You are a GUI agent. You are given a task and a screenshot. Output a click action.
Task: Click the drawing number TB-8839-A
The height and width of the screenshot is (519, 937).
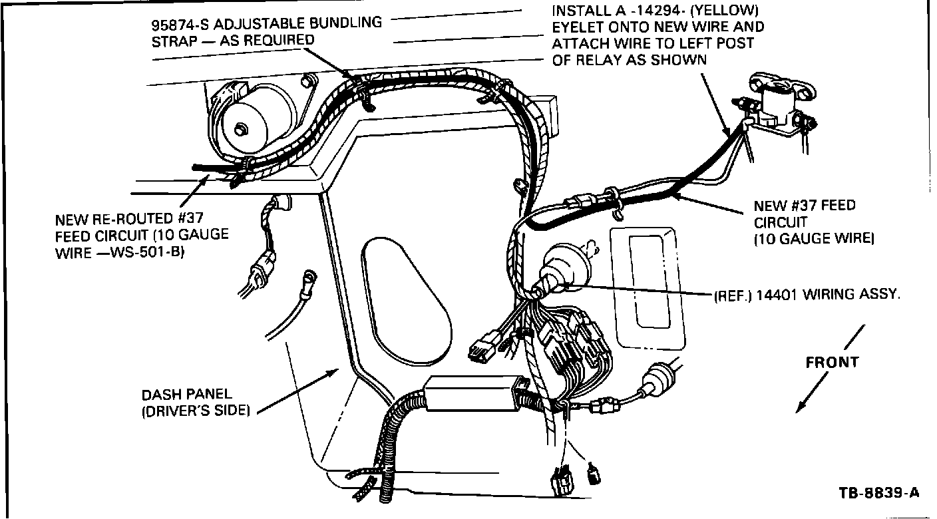point(878,493)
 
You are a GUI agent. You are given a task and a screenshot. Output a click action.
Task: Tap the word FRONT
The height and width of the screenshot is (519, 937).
point(832,363)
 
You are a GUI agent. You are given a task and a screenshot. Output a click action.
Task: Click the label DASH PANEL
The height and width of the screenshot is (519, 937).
point(187,395)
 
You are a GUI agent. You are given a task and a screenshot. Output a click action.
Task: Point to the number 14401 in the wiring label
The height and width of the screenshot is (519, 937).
point(776,294)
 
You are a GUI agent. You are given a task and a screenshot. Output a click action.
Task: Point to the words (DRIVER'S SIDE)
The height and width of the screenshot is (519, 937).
point(196,411)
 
